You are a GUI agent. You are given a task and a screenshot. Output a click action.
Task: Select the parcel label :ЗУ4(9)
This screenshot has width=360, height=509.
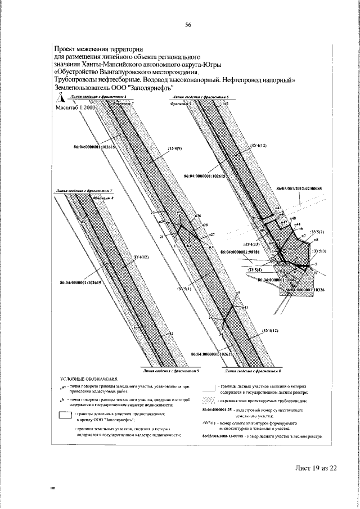click(175, 148)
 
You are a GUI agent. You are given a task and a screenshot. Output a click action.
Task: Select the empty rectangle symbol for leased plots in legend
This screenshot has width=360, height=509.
click(67, 416)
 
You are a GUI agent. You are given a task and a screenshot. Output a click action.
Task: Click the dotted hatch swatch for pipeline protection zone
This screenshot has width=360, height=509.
click(209, 400)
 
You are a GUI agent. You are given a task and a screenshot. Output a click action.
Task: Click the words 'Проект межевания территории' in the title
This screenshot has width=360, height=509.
click(98, 49)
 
